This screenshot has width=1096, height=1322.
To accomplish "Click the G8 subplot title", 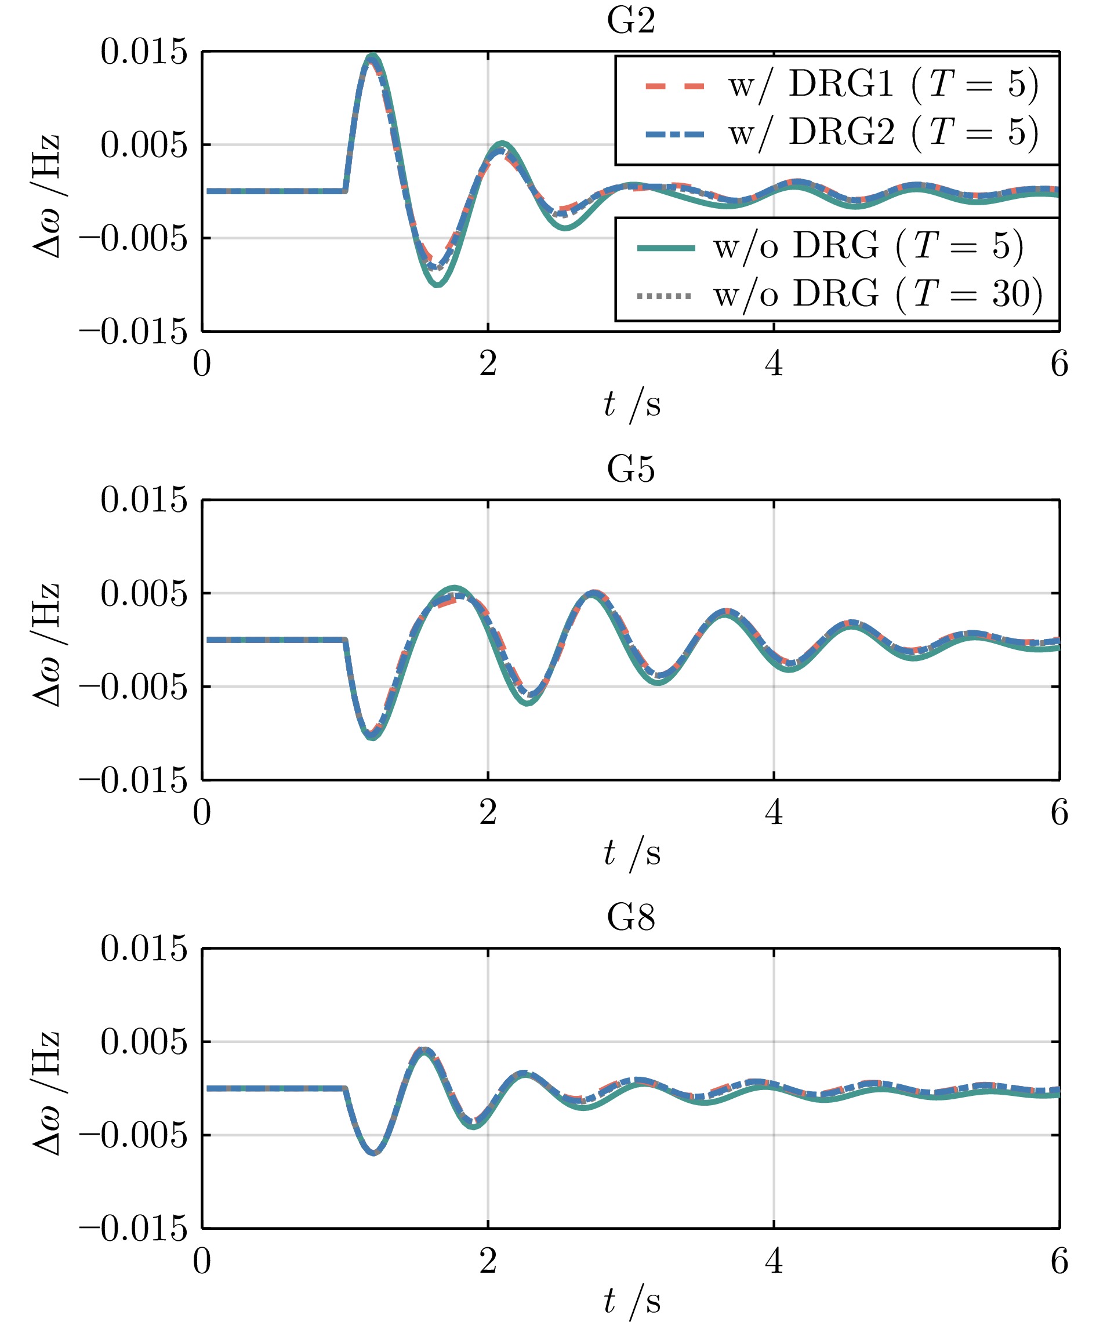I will point(631,918).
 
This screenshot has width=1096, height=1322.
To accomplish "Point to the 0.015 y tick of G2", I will point(144,52).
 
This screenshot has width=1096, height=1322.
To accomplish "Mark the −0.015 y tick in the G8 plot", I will point(133,1228).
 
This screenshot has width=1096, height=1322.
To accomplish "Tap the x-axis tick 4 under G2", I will point(774,365).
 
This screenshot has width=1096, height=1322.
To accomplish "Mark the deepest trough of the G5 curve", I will point(373,737).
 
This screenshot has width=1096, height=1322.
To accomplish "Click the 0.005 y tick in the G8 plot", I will point(144,1042).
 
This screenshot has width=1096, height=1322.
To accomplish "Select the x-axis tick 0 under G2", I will point(202,365).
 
